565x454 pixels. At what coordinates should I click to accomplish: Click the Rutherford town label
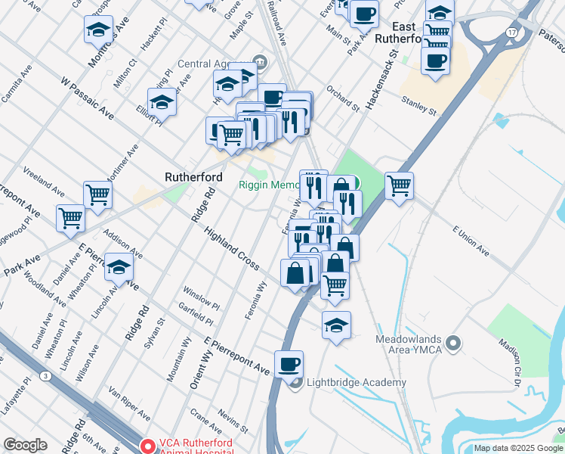click(x=193, y=177)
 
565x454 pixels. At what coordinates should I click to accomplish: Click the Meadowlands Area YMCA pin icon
click(x=453, y=344)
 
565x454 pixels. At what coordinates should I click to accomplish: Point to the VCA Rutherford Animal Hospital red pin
click(x=149, y=446)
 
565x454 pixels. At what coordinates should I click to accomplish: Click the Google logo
click(x=25, y=445)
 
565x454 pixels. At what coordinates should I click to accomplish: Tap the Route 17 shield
click(x=512, y=33)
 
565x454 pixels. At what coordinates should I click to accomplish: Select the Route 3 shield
click(x=47, y=376)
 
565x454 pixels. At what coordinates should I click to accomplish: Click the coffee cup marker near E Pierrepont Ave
click(x=289, y=365)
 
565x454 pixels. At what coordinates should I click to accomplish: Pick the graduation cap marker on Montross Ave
click(x=98, y=30)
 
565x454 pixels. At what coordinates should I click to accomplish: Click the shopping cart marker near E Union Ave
click(x=399, y=185)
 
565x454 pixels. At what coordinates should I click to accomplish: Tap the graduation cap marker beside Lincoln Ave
click(x=119, y=266)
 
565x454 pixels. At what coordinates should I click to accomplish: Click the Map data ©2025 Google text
click(x=517, y=448)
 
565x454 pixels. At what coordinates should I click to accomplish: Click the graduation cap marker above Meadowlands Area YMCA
click(x=336, y=325)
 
